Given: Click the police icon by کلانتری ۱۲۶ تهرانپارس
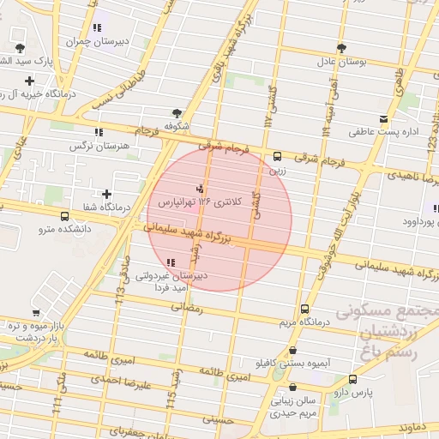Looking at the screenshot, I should pos(201,188).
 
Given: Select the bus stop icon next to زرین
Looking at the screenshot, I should pos(277,157).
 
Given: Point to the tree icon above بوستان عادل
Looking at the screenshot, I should pos(341,48).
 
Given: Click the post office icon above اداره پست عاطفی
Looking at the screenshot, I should pos(383,118).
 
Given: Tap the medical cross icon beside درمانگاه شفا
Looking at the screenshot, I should pos(106,194).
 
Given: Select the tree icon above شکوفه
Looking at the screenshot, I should pos(177,112).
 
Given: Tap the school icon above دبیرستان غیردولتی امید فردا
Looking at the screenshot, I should pos(171,262).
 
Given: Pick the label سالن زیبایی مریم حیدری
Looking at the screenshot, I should pos(305,406).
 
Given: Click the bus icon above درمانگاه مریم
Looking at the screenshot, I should pos(304,309).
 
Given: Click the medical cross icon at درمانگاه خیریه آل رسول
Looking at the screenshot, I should pos(30,81).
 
